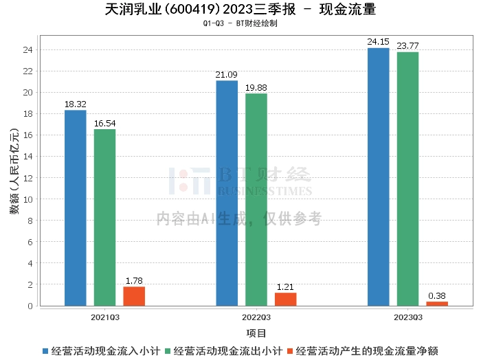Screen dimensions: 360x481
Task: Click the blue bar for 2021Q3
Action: tap(76, 207)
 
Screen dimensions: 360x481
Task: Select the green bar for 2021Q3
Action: tap(105, 217)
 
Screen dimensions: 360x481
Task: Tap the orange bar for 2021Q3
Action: tap(134, 296)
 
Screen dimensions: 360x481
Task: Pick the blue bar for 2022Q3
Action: tap(227, 193)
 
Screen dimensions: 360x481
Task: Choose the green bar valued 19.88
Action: tap(256, 199)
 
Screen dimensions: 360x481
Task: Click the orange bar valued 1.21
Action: tap(285, 299)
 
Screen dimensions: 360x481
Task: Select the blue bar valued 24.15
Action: tap(378, 177)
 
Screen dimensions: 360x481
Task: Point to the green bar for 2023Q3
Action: tap(407, 179)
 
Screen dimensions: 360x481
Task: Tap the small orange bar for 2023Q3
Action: tap(437, 303)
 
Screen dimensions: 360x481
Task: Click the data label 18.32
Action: tap(76, 104)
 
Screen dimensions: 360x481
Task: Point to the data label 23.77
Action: tap(407, 46)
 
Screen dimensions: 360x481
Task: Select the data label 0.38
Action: tap(437, 296)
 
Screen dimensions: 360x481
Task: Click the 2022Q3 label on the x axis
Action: tap(256, 317)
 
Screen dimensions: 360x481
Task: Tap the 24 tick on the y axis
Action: tap(30, 50)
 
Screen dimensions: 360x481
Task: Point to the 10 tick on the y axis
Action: tap(30, 199)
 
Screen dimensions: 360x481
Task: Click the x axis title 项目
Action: tap(256, 333)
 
